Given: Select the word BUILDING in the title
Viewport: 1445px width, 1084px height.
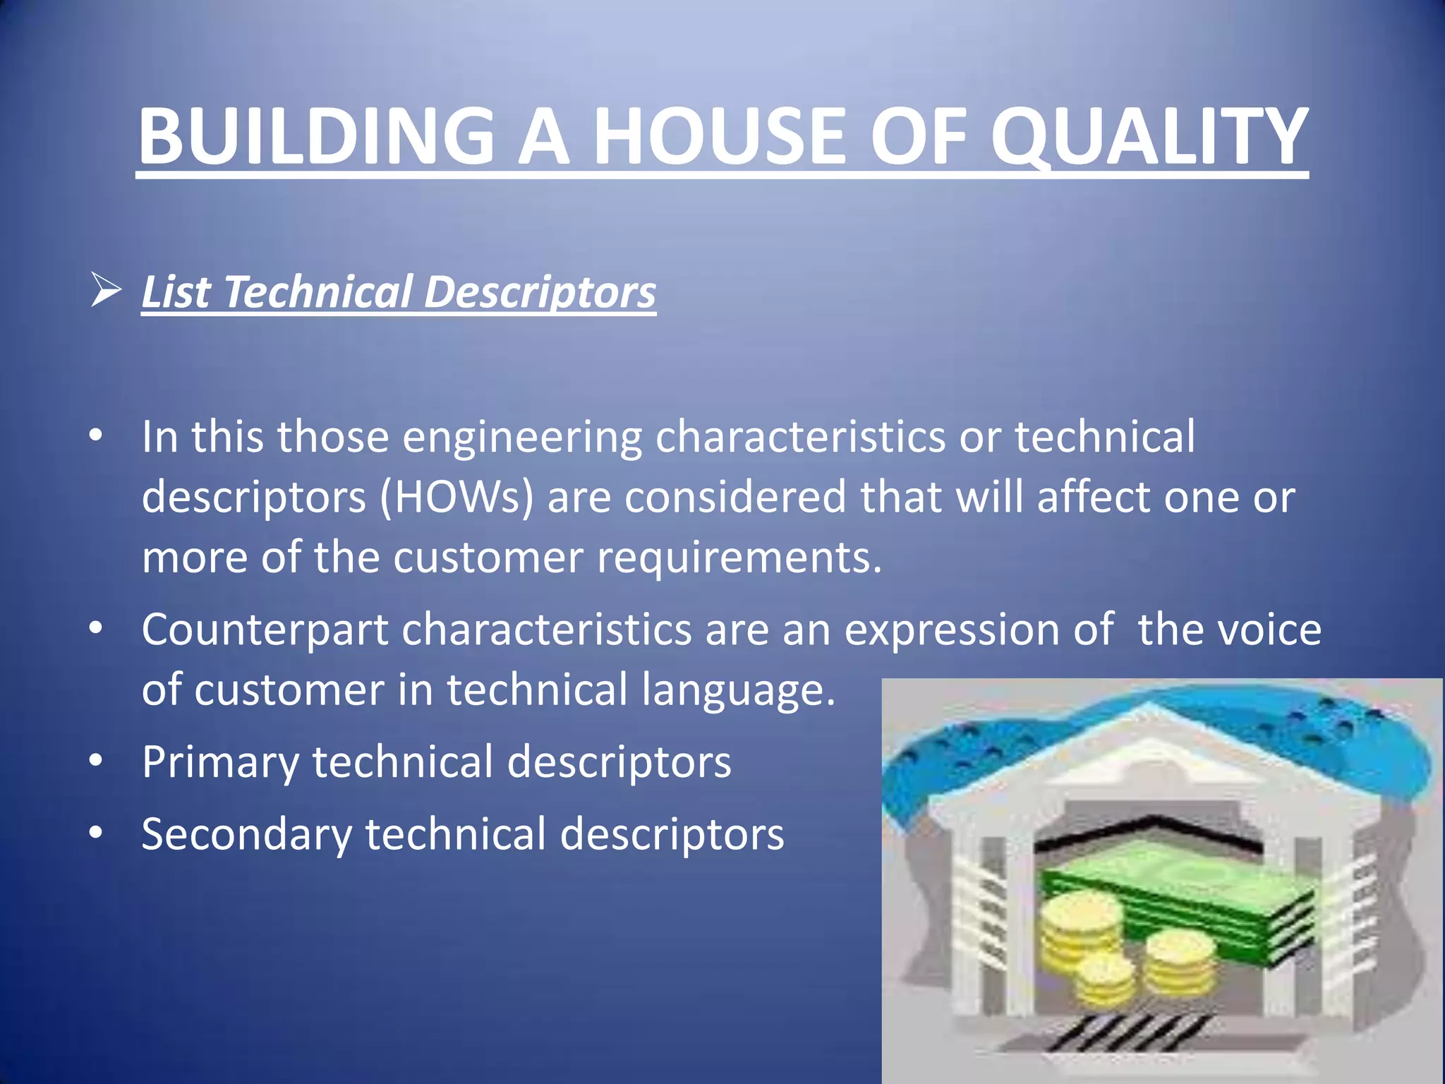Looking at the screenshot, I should point(316,135).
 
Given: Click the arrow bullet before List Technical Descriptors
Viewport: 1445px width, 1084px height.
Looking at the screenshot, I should point(106,291).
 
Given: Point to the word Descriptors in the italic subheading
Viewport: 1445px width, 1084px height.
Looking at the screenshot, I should point(540,291).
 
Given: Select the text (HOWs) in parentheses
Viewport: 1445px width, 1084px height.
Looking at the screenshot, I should point(457,497).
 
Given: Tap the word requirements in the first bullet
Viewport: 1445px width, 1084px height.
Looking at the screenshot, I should point(739,558).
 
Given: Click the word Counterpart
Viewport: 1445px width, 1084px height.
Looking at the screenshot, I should point(265,630).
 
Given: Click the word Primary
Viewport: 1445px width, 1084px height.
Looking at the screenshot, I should point(220,762).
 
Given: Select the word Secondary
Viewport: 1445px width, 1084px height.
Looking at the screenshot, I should point(246,834).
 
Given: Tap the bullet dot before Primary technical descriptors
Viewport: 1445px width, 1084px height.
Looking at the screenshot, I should point(97,761).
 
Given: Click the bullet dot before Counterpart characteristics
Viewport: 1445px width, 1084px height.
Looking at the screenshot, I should point(97,627).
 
